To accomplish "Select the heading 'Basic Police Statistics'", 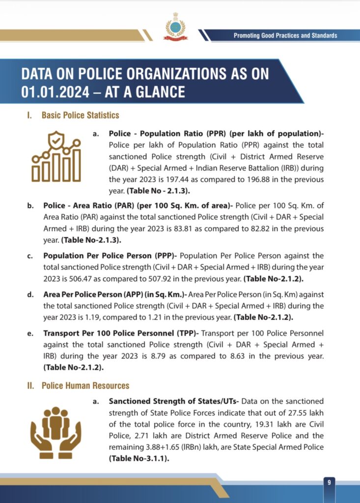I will click(x=80, y=115).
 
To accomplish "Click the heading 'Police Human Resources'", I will click(x=85, y=386).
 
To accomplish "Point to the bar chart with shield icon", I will click(x=56, y=156).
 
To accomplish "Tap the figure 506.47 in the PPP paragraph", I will click(x=63, y=279).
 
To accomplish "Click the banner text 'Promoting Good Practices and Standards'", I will click(x=285, y=35).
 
